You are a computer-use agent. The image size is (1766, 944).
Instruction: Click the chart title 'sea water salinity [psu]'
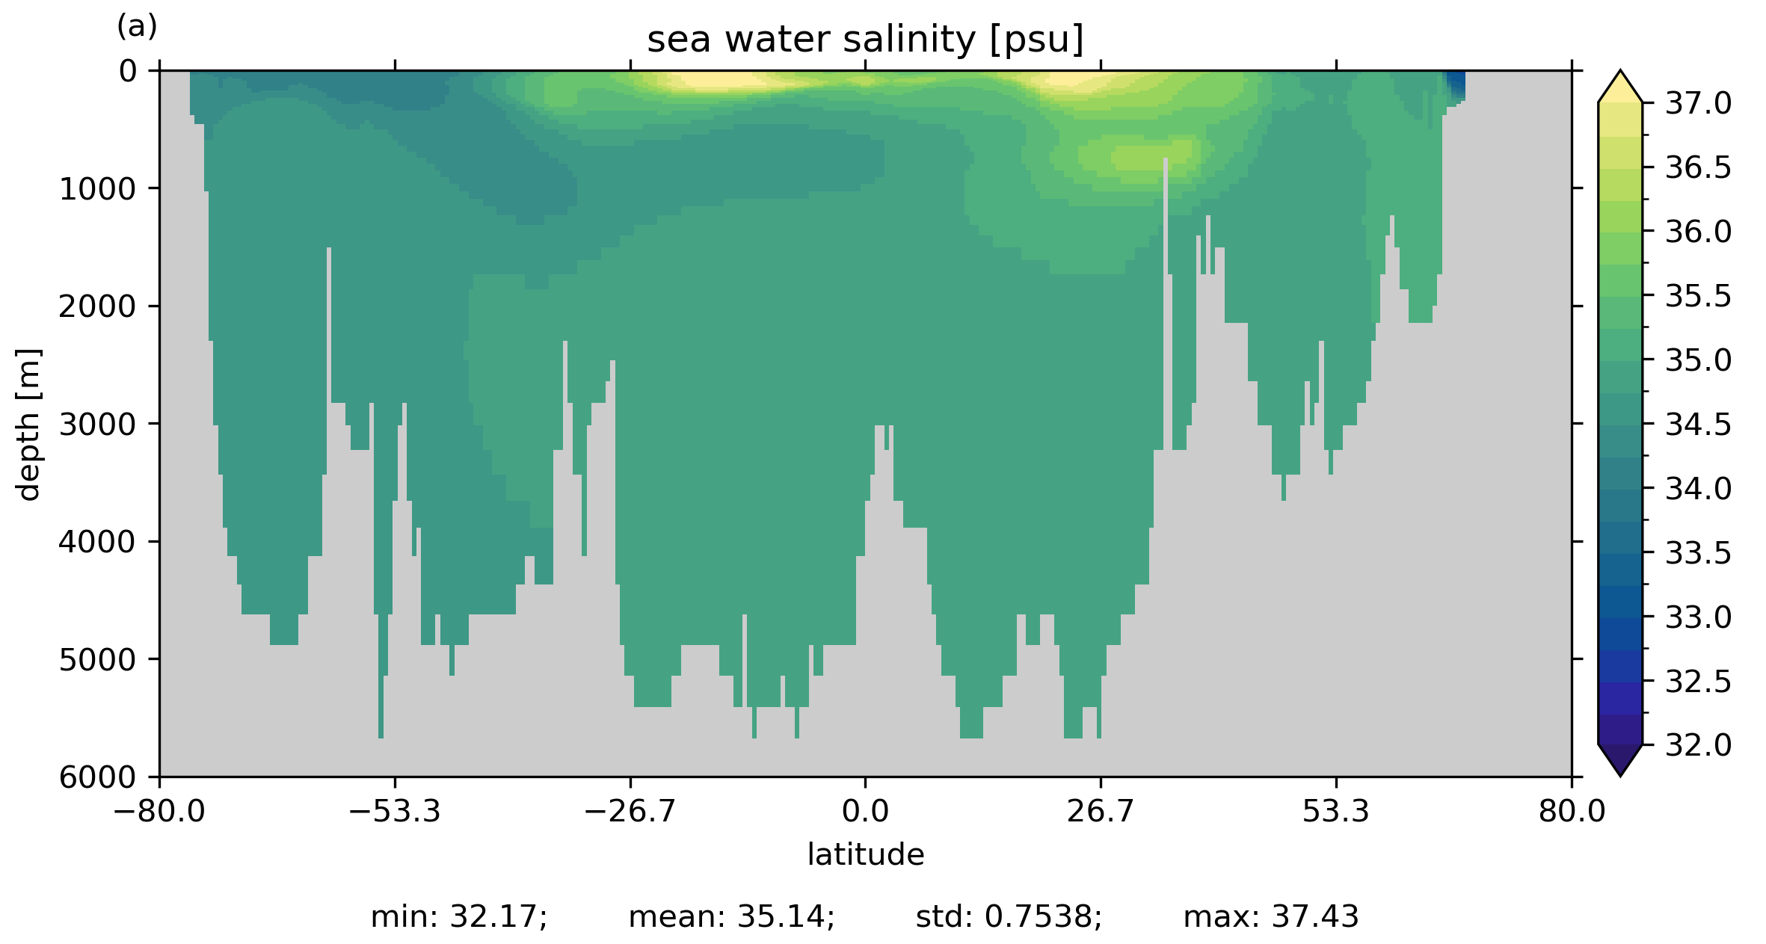(x=865, y=40)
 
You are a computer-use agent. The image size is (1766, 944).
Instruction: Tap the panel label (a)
(x=137, y=27)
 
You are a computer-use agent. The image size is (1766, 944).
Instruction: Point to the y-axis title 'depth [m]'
(x=28, y=424)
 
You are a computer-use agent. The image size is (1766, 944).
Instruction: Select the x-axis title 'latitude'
(x=865, y=854)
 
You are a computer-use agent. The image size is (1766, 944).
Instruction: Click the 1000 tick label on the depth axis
(x=98, y=189)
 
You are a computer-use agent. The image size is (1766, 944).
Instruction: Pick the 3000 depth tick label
(x=98, y=425)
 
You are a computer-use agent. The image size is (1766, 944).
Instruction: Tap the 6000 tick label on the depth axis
(x=98, y=777)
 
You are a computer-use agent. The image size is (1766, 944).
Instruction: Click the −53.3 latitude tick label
(x=395, y=811)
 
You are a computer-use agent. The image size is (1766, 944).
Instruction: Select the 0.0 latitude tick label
(x=865, y=811)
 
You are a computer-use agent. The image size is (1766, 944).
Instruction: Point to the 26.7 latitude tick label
(x=1101, y=811)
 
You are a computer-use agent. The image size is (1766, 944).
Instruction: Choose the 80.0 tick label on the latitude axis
(x=1572, y=811)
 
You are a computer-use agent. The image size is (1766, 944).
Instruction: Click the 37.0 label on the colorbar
(x=1698, y=103)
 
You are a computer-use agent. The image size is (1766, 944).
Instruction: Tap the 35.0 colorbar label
(x=1698, y=360)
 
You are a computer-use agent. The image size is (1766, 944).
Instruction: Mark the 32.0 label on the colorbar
(x=1698, y=745)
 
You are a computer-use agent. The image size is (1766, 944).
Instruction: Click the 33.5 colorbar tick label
(x=1698, y=553)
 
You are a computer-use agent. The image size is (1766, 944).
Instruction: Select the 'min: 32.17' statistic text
(x=459, y=916)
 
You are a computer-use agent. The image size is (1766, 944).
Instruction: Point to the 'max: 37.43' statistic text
(x=1270, y=916)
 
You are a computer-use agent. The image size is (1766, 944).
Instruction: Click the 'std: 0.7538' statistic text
(x=1009, y=916)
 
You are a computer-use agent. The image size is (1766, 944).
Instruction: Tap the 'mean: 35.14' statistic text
(x=731, y=916)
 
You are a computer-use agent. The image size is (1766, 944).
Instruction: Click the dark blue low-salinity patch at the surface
(x=1455, y=84)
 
